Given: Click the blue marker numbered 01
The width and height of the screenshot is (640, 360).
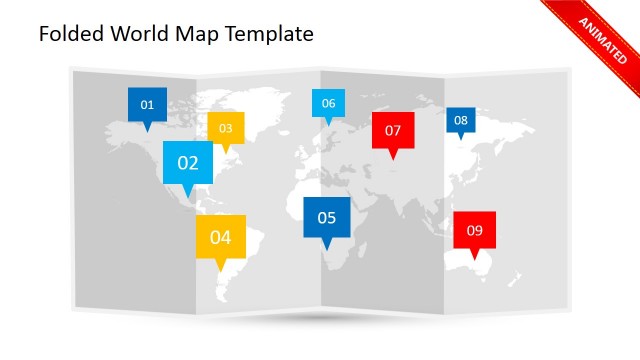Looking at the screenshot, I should [x=147, y=104].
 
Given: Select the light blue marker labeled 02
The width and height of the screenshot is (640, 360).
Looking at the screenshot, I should [x=188, y=162].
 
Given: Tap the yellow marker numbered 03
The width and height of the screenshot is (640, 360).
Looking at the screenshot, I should [x=225, y=128].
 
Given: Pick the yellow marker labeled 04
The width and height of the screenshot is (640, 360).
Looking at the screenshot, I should [x=221, y=237].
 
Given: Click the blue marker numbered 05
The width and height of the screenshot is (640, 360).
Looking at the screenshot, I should [x=327, y=217].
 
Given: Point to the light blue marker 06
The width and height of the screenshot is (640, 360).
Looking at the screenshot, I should [x=328, y=103].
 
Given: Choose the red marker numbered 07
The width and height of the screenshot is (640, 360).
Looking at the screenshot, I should [x=393, y=130].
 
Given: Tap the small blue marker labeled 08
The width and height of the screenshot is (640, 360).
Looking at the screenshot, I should [x=460, y=120].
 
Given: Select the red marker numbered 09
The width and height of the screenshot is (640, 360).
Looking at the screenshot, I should [x=474, y=230].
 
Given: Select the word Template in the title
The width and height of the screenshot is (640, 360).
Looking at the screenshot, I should [x=270, y=34].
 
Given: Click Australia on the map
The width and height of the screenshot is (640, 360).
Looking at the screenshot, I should [x=485, y=263].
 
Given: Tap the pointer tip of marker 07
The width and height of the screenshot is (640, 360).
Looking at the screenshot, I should [x=393, y=158].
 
